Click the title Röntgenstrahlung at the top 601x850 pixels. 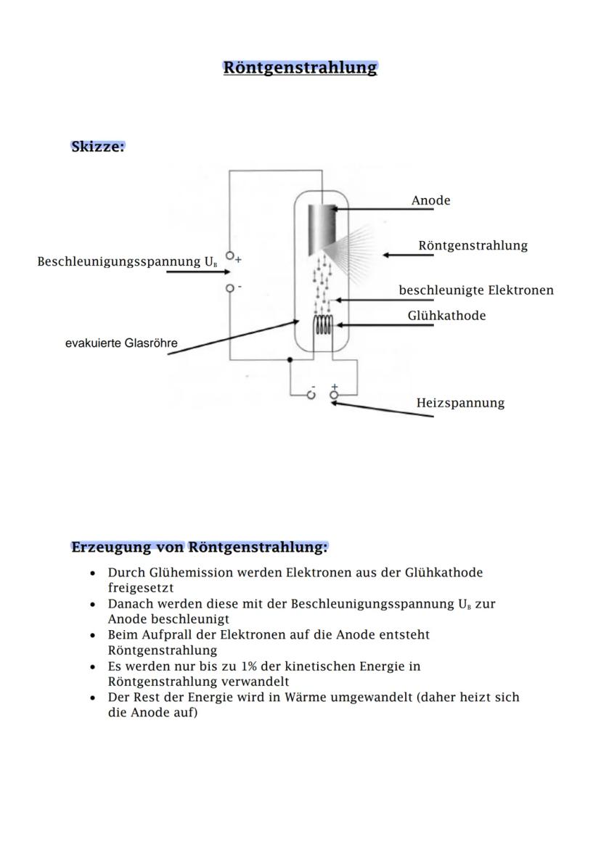(x=300, y=68)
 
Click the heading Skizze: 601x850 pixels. (x=98, y=146)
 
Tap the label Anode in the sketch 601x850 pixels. (x=430, y=200)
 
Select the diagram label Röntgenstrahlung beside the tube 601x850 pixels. (x=473, y=245)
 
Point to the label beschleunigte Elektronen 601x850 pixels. (x=475, y=290)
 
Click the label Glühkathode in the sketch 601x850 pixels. (x=446, y=316)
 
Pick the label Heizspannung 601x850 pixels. (x=460, y=403)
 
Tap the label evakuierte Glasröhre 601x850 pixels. (x=121, y=343)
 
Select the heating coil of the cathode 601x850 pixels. (x=323, y=327)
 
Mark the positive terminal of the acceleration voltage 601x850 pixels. (x=231, y=256)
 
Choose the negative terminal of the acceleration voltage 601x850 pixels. (x=231, y=287)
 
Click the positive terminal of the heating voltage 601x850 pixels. (x=334, y=395)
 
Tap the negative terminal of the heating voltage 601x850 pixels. (x=312, y=395)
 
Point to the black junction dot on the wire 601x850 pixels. (x=290, y=359)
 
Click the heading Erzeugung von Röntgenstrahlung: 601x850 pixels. (x=199, y=547)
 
